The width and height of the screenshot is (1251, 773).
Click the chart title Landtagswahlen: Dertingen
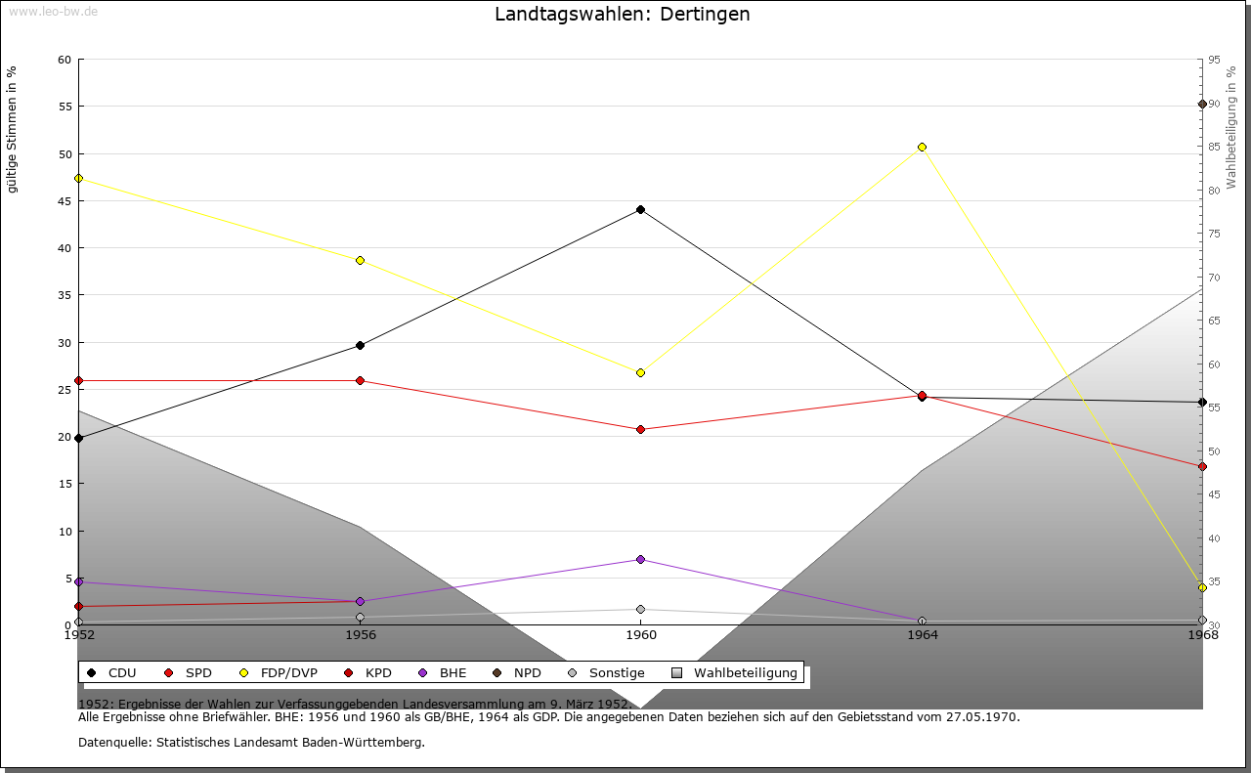(x=623, y=15)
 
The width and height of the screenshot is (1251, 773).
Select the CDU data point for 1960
(x=641, y=209)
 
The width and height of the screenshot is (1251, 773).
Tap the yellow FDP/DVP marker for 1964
(x=922, y=148)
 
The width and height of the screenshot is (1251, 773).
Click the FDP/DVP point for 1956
(x=360, y=260)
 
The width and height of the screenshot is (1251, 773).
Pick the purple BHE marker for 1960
(x=641, y=559)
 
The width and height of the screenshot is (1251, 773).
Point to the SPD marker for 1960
(x=641, y=429)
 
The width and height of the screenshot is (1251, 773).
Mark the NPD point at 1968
(x=1202, y=104)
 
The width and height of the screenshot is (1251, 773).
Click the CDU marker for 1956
(x=360, y=345)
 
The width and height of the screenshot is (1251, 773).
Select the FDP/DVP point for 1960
(x=641, y=372)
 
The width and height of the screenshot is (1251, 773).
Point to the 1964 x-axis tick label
(x=922, y=635)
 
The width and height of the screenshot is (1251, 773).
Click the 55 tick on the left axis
(x=65, y=107)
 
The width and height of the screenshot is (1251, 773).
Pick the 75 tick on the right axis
(x=1213, y=234)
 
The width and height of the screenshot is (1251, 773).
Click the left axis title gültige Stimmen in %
(x=13, y=129)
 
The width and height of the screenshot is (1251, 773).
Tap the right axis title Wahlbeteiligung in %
(x=1231, y=127)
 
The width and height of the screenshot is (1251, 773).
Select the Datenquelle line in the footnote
(x=251, y=743)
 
